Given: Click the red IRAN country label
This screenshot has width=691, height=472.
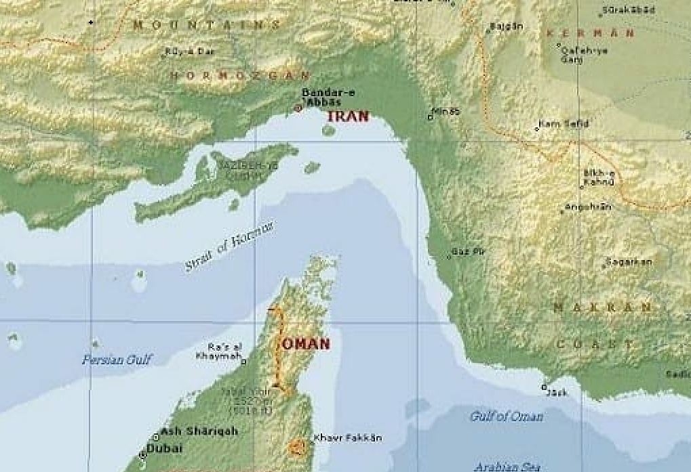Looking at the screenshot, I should [348, 116].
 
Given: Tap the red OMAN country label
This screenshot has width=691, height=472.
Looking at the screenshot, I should [306, 344].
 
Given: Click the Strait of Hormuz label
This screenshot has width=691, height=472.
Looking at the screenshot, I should [229, 246].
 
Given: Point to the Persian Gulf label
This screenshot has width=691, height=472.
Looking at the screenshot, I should [117, 360].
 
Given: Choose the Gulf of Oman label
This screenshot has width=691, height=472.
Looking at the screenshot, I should [507, 416].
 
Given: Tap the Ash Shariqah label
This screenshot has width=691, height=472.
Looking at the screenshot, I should [190, 431].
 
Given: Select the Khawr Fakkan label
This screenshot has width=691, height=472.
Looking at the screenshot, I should [347, 438].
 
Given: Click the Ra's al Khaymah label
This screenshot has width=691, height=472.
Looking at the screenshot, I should [218, 351].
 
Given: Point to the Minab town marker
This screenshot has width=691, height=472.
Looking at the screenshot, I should [430, 117].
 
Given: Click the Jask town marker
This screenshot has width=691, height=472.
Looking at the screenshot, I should [543, 387].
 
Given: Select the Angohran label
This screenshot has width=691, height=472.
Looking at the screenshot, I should [589, 207].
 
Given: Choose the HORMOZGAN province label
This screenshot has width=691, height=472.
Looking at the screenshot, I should [240, 75].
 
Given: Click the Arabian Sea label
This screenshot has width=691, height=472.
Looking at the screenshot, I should [507, 467].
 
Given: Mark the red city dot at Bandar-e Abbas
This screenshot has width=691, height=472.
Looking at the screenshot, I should [297, 108].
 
